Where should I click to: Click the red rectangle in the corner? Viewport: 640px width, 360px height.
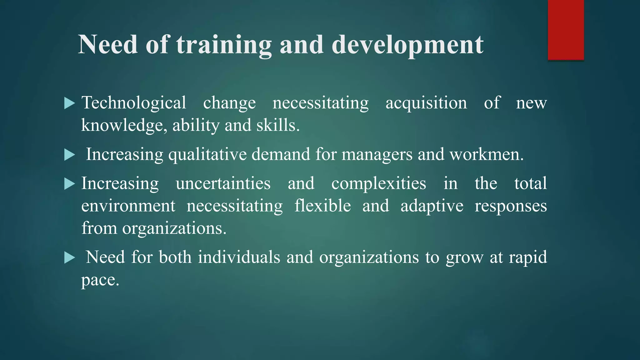(566, 30)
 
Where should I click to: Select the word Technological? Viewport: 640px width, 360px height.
(134, 103)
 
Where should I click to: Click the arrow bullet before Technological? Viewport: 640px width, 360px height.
(69, 103)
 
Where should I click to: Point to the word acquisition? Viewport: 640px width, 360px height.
(426, 103)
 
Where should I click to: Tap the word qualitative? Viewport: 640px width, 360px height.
(207, 154)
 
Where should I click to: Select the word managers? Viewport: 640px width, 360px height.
(377, 154)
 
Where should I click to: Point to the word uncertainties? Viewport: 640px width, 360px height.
(223, 183)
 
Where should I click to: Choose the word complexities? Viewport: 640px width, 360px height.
(378, 183)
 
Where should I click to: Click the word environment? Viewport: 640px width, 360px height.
(128, 206)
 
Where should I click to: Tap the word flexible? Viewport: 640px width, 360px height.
(322, 206)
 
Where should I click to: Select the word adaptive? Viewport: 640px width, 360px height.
(432, 206)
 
